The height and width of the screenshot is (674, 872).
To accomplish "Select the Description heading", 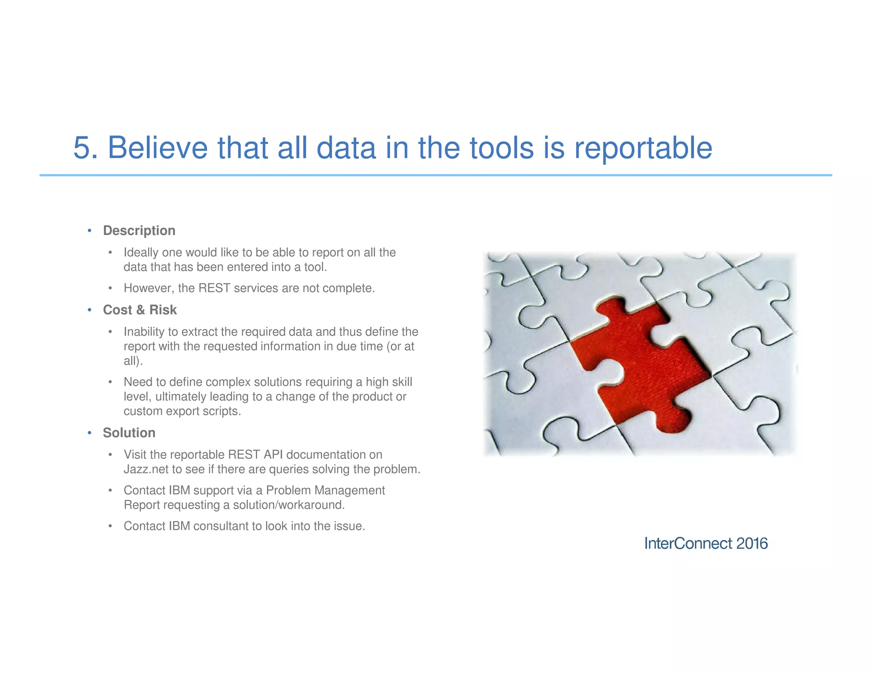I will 139,230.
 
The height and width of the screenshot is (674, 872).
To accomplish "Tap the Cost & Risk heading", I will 140,310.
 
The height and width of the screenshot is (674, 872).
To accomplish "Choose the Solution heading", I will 129,433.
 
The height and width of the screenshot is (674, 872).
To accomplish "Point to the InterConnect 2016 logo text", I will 706,544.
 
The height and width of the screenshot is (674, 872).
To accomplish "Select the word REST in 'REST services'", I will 214,288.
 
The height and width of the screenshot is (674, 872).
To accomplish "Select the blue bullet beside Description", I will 89,231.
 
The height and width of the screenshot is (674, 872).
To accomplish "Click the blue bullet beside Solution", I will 89,433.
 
